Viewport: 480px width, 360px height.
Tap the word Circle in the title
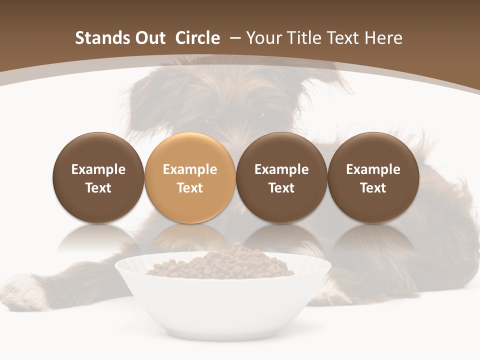[x=197, y=38]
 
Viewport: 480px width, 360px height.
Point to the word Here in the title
[x=383, y=38]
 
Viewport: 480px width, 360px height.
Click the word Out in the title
[x=150, y=38]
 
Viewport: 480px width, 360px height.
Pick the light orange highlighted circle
[x=190, y=177]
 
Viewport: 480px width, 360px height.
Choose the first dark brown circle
[x=98, y=177]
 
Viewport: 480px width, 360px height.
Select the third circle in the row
[x=281, y=177]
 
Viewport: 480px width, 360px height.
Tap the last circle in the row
[x=373, y=177]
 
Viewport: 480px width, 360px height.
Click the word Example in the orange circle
[x=190, y=169]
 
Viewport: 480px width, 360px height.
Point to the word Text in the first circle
[x=98, y=188]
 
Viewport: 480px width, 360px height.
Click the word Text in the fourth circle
[x=373, y=188]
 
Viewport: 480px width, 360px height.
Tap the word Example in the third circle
[x=281, y=169]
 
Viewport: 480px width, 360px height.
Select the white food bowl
[x=222, y=300]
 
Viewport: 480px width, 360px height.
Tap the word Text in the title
[x=344, y=38]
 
